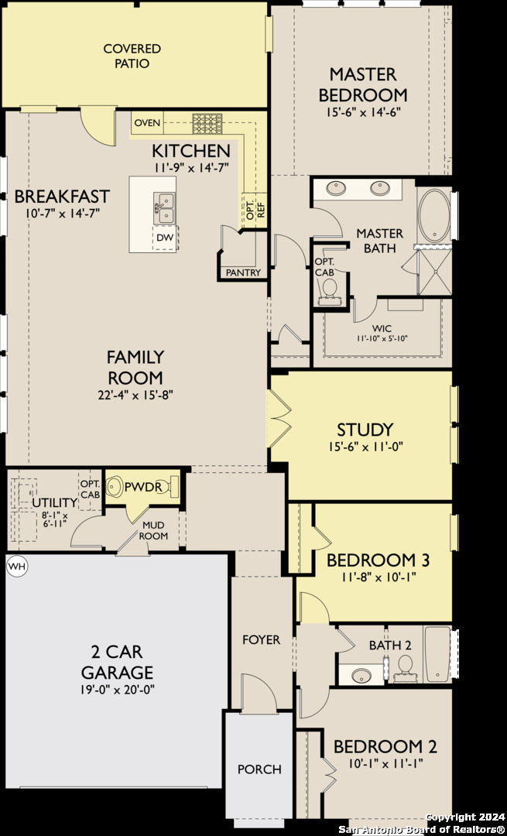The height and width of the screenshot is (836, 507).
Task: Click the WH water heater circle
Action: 16,566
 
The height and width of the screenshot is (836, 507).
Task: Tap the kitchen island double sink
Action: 164,208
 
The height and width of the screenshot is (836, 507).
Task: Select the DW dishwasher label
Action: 165,238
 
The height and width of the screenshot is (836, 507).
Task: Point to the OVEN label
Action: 147,123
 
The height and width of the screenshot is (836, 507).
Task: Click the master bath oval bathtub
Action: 435,215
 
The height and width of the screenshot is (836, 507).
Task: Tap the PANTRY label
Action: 243,272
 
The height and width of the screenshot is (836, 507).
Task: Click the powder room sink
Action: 114,486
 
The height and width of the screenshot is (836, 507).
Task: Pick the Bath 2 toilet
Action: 405,666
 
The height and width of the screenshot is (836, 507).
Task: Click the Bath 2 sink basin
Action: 361,674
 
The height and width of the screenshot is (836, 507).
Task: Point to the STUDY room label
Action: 365,429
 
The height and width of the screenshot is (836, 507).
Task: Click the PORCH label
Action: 259,769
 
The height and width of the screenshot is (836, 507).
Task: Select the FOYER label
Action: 261,639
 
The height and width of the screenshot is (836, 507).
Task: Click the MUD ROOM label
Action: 153,530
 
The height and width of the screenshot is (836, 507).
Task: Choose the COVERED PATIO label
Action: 133,56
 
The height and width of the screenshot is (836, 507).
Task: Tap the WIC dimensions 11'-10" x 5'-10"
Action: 382,338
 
